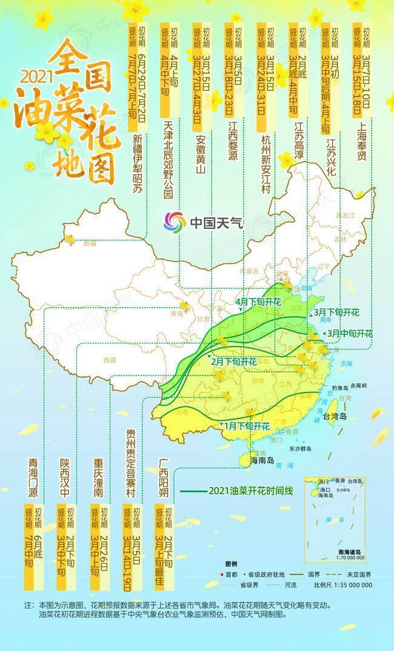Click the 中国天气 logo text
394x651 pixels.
tap(216, 222)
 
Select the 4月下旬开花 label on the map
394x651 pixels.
tap(258, 302)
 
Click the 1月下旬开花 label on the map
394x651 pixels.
tap(246, 426)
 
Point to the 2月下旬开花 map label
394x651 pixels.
tap(233, 362)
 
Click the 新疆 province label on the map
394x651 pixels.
tap(90, 244)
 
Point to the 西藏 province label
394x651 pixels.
tap(109, 360)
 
